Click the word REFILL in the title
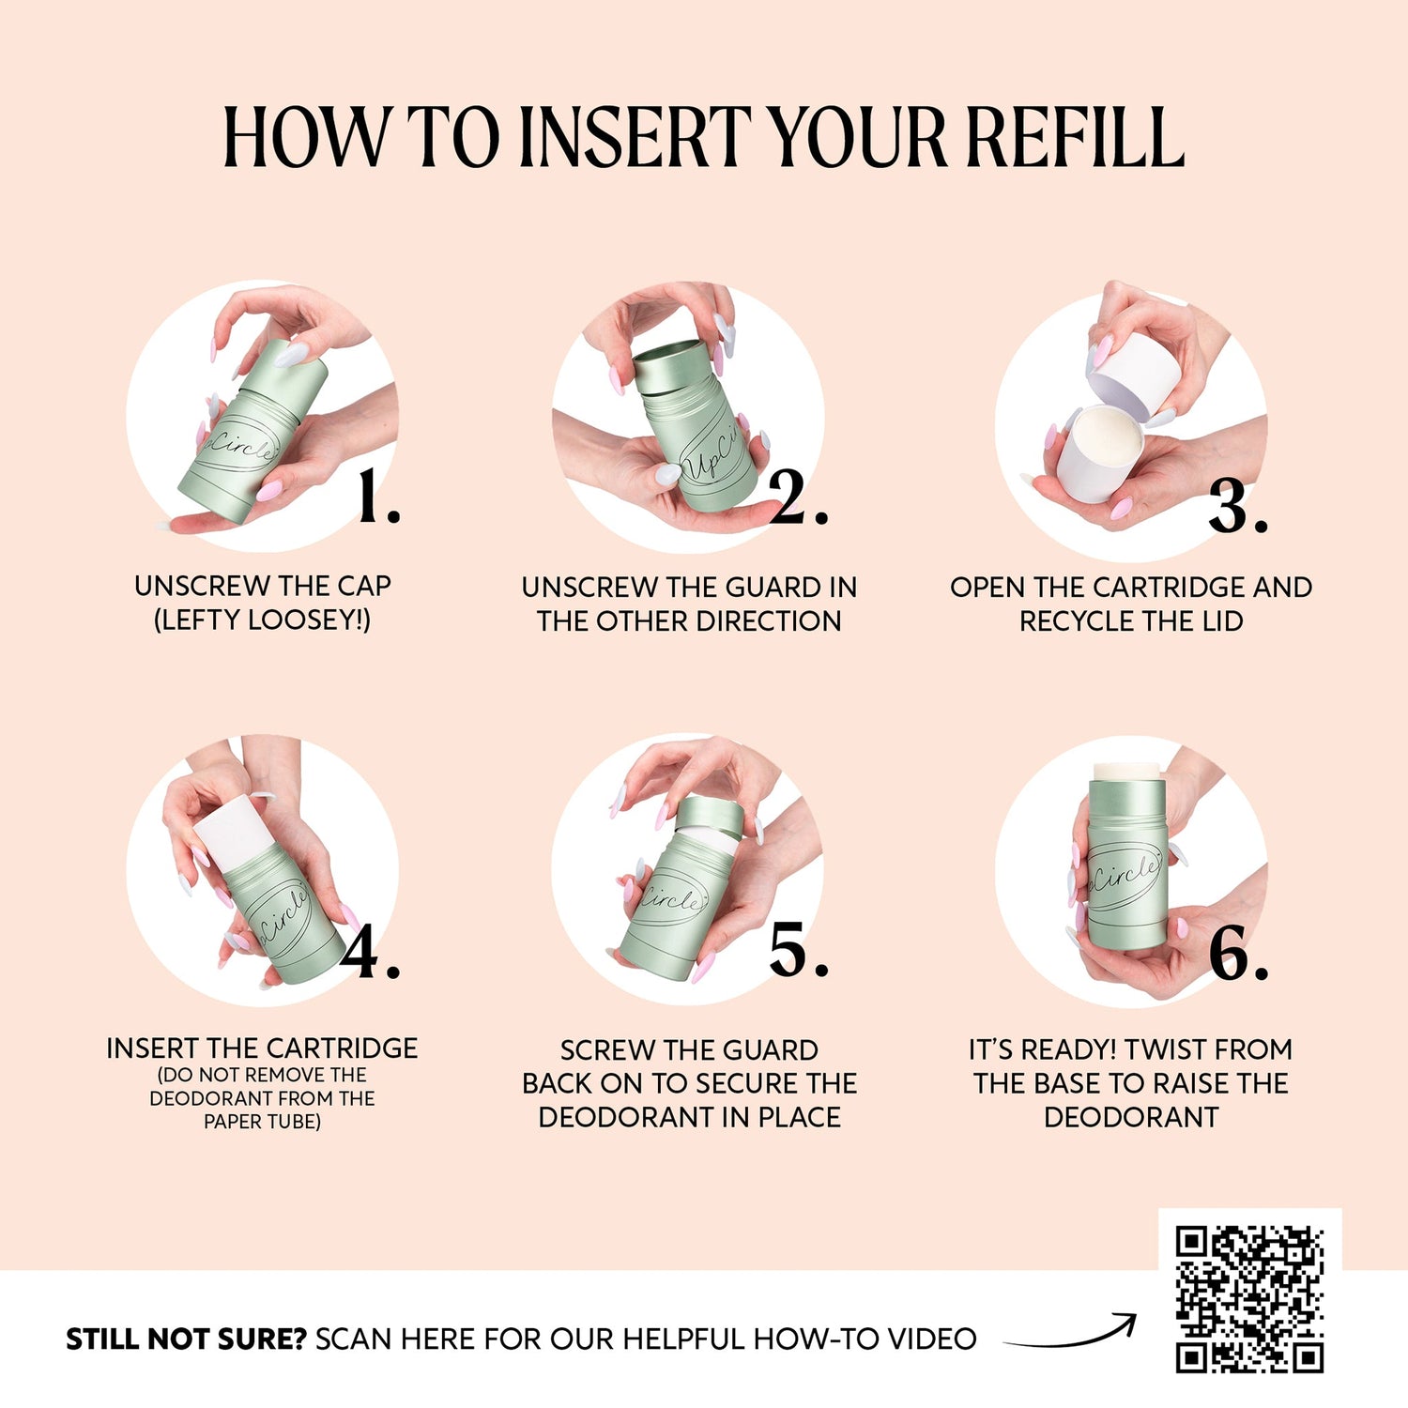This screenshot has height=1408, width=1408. (1075, 137)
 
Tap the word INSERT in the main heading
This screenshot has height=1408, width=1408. (635, 137)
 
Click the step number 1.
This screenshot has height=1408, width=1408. (379, 497)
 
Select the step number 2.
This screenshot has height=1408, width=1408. (799, 497)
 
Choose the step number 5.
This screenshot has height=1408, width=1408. (799, 950)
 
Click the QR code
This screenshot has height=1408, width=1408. (1249, 1299)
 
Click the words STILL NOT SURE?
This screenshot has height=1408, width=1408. (186, 1339)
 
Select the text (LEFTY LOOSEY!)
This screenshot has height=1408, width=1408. (262, 620)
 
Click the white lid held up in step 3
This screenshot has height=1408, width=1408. (1135, 371)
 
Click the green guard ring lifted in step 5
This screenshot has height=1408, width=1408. (709, 816)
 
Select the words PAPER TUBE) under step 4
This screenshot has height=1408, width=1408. (262, 1122)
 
